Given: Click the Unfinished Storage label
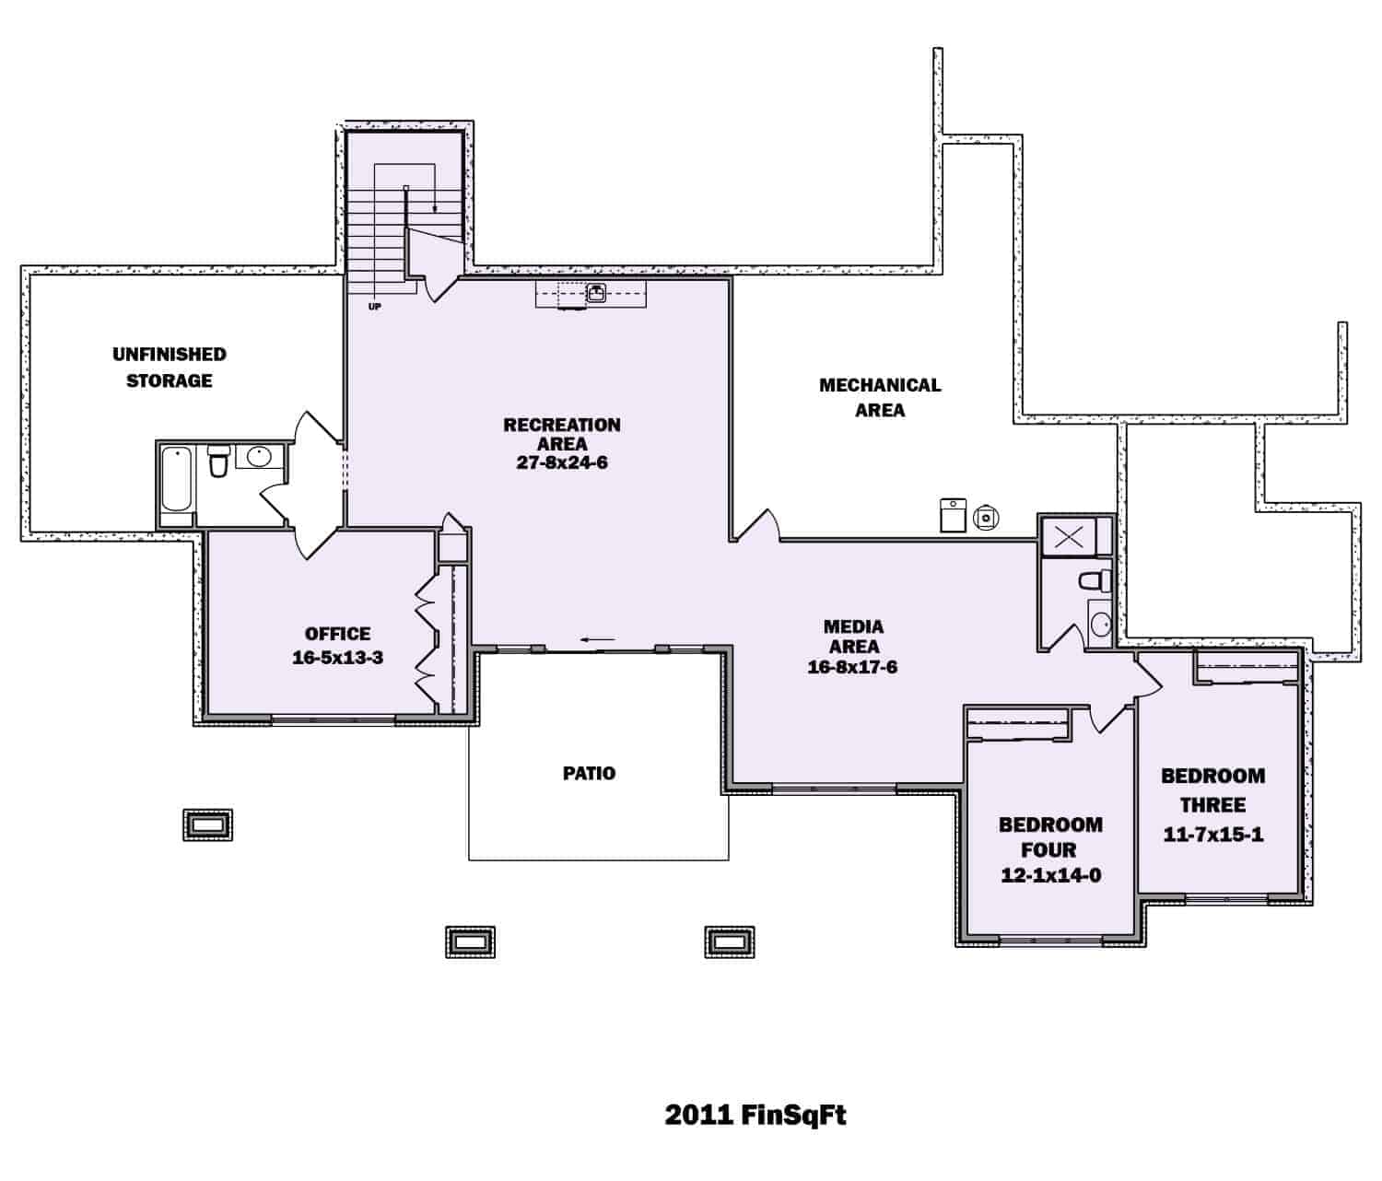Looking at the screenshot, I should (169, 368).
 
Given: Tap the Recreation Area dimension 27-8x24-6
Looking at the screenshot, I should (561, 463).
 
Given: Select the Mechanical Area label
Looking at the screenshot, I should (880, 397).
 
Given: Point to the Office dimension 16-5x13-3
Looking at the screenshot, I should (337, 659).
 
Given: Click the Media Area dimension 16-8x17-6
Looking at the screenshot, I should (852, 667).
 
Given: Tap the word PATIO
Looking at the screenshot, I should (589, 774).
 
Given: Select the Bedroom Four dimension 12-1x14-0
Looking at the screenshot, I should (1050, 875).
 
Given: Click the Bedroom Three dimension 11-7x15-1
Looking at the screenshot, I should (1212, 836).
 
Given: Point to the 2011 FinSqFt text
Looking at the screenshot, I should (755, 1116).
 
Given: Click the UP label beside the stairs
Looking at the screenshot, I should (375, 307).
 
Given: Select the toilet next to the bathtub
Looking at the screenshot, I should (218, 462).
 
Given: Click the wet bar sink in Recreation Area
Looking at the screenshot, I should (596, 294).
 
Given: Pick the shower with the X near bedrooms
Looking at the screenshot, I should (1068, 537).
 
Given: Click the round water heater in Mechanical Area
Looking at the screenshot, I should (986, 518).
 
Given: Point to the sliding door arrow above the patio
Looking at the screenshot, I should (597, 639).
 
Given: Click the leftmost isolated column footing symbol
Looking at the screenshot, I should (207, 824).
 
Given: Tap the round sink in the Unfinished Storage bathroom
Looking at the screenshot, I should (259, 456).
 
